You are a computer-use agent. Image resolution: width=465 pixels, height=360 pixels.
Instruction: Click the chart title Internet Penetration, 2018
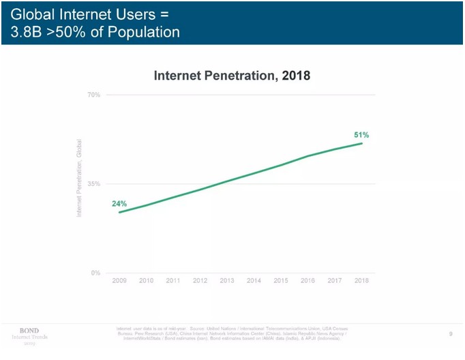coord(232,76)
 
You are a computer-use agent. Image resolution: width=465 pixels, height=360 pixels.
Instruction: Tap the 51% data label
coord(361,135)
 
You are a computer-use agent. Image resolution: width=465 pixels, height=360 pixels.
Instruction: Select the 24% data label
coord(119,204)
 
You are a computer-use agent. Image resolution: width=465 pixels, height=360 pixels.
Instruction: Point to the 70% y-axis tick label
coord(94,95)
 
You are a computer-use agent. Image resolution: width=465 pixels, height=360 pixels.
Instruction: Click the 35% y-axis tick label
coord(94,184)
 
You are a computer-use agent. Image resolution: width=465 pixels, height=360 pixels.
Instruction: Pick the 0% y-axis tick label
coord(96,273)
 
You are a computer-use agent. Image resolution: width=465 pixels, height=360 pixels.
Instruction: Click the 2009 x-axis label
coord(119,281)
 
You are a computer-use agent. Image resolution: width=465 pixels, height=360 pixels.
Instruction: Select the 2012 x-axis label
coord(200,281)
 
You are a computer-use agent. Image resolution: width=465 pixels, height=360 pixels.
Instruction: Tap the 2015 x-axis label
coord(281,281)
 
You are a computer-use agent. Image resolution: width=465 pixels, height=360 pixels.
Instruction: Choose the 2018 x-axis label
coord(361,281)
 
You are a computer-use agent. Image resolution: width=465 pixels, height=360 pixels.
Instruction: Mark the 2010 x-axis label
coord(146,281)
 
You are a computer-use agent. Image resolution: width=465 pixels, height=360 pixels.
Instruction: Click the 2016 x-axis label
coord(307,281)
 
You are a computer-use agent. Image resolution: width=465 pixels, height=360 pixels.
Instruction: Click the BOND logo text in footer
coord(29,331)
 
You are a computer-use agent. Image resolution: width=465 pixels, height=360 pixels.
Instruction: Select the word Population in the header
coord(145,31)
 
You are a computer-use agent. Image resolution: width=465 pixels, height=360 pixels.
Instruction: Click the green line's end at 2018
coord(361,143)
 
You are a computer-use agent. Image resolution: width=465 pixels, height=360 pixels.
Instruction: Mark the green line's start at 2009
coord(119,213)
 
